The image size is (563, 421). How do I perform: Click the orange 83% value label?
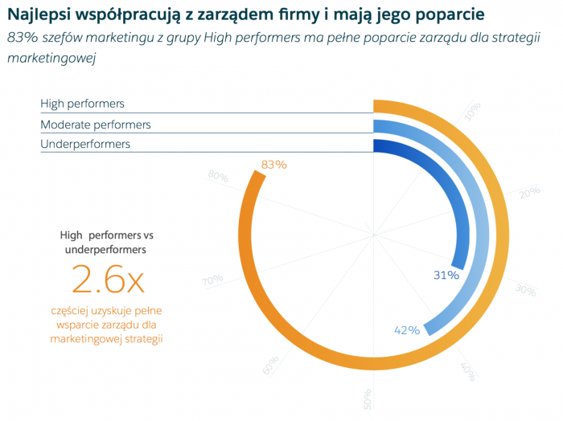(x=274, y=165)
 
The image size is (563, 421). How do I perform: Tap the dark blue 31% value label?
(x=446, y=275)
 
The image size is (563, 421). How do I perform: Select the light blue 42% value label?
(x=408, y=330)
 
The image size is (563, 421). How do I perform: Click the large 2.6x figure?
(x=108, y=280)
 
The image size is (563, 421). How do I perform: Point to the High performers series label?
(x=83, y=104)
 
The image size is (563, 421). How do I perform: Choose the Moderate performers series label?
(x=96, y=125)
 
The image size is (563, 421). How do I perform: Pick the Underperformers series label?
(x=85, y=144)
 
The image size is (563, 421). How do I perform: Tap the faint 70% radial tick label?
(x=212, y=280)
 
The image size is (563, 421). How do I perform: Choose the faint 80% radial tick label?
(x=218, y=175)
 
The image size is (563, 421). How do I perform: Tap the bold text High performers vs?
(x=107, y=235)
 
